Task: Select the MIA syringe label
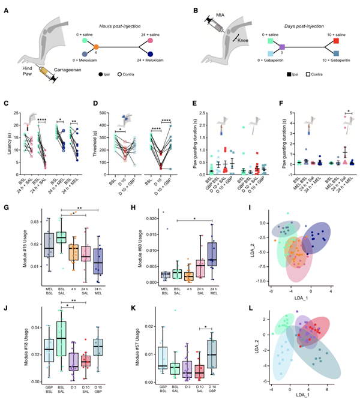220,13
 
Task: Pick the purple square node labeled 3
281,46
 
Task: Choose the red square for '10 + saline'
336,41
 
